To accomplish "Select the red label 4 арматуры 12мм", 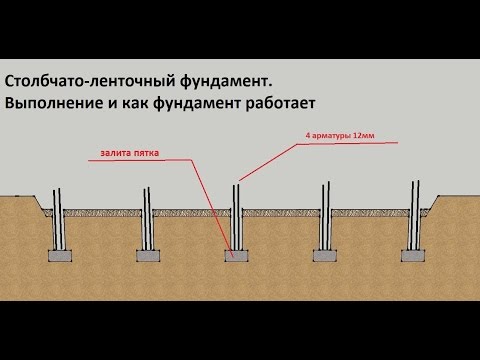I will click(x=336, y=136).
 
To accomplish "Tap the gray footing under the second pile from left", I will click(x=146, y=254).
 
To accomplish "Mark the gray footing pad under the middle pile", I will click(x=236, y=254).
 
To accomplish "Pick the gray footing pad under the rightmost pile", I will click(x=414, y=254).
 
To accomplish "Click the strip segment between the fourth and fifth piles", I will click(x=370, y=212).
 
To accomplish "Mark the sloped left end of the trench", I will click(x=41, y=206).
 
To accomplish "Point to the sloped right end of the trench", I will click(x=431, y=206).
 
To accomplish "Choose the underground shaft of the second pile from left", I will click(x=146, y=232).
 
